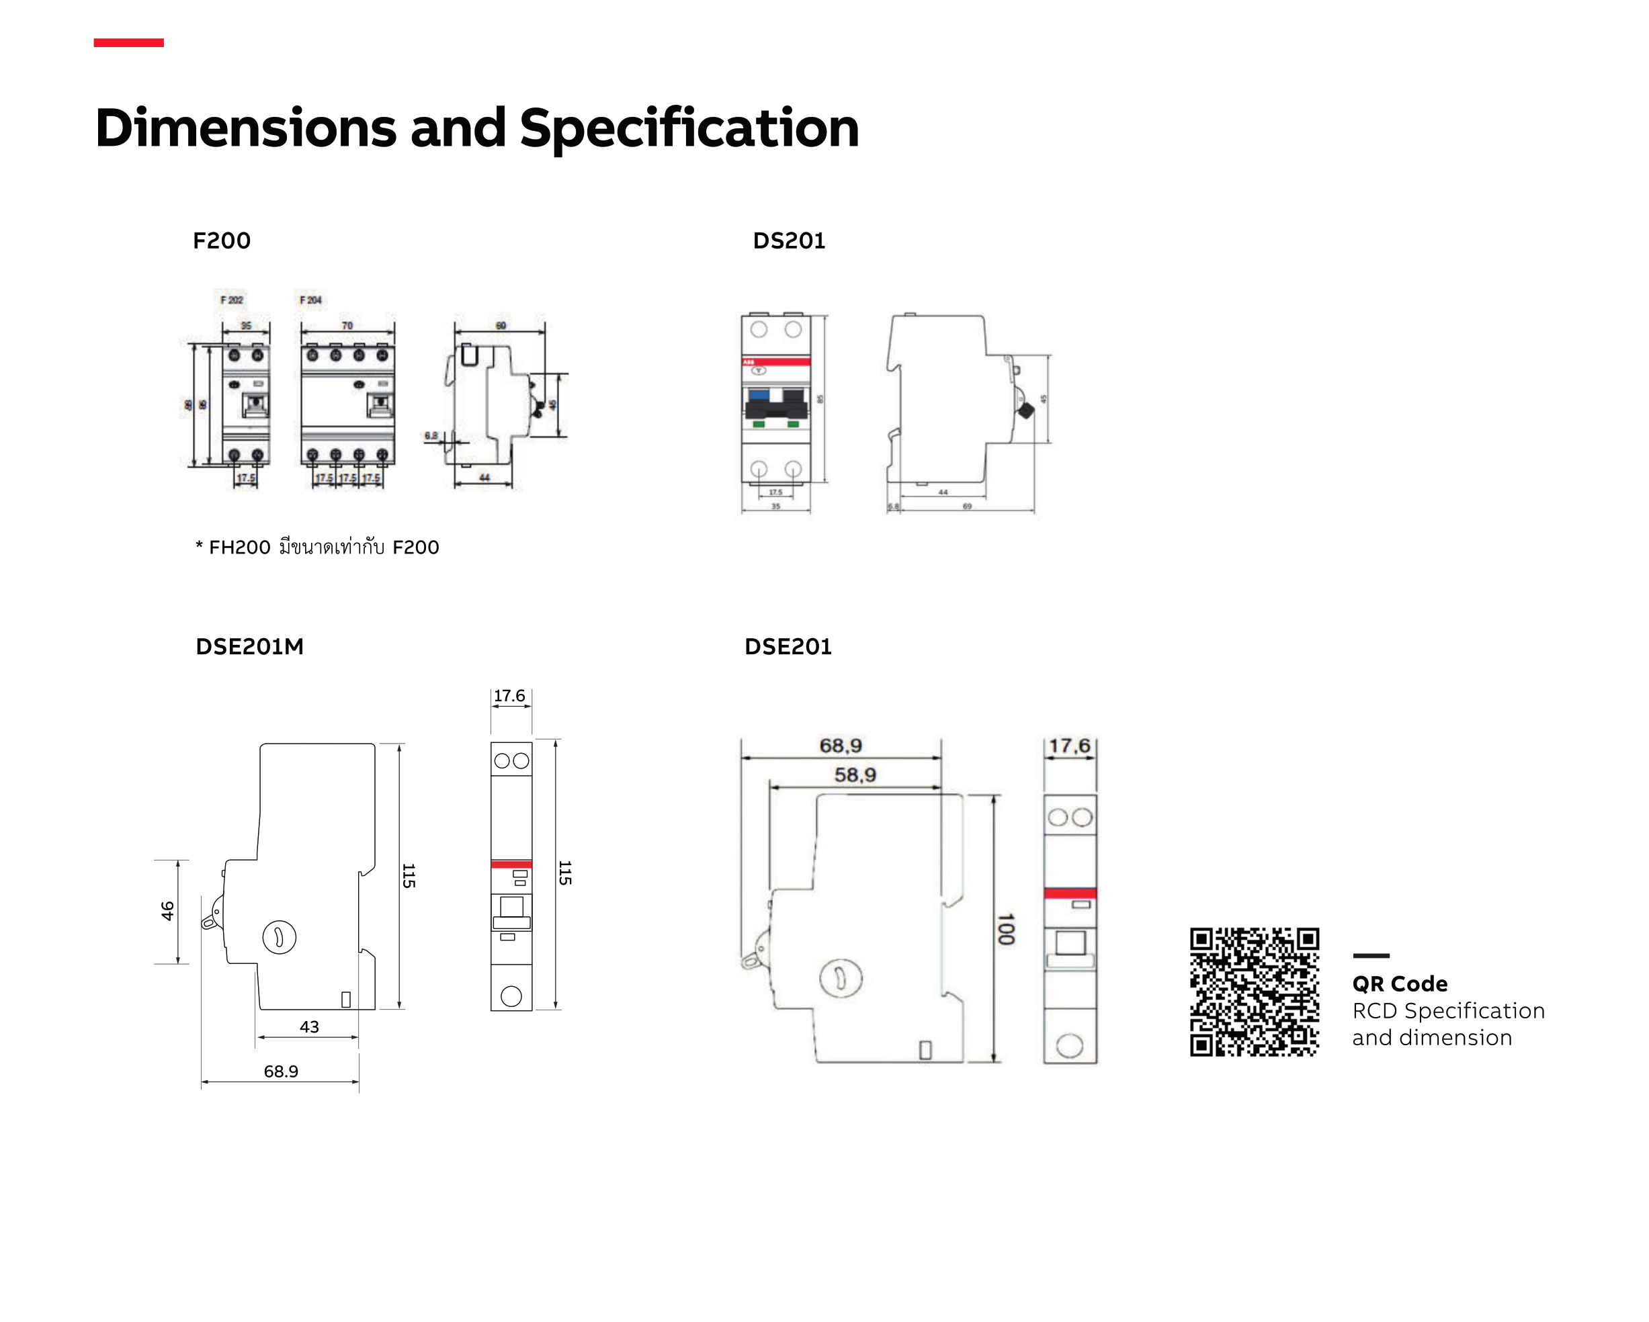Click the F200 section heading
(222, 241)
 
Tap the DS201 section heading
(789, 241)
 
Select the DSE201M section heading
(249, 647)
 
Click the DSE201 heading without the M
(788, 647)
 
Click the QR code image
(1254, 991)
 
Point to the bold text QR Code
(1400, 984)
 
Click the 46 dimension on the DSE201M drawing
(167, 911)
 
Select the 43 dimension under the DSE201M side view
(309, 1027)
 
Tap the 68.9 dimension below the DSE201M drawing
(281, 1071)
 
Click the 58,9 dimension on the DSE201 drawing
(854, 775)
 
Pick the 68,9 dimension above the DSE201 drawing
(840, 746)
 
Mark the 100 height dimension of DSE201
(1005, 929)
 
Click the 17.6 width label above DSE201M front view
(509, 696)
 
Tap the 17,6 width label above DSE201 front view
(1069, 746)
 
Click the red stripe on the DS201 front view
(775, 361)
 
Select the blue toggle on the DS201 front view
(759, 395)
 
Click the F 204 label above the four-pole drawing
(310, 300)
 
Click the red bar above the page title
(128, 43)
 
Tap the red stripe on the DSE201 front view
(1069, 893)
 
